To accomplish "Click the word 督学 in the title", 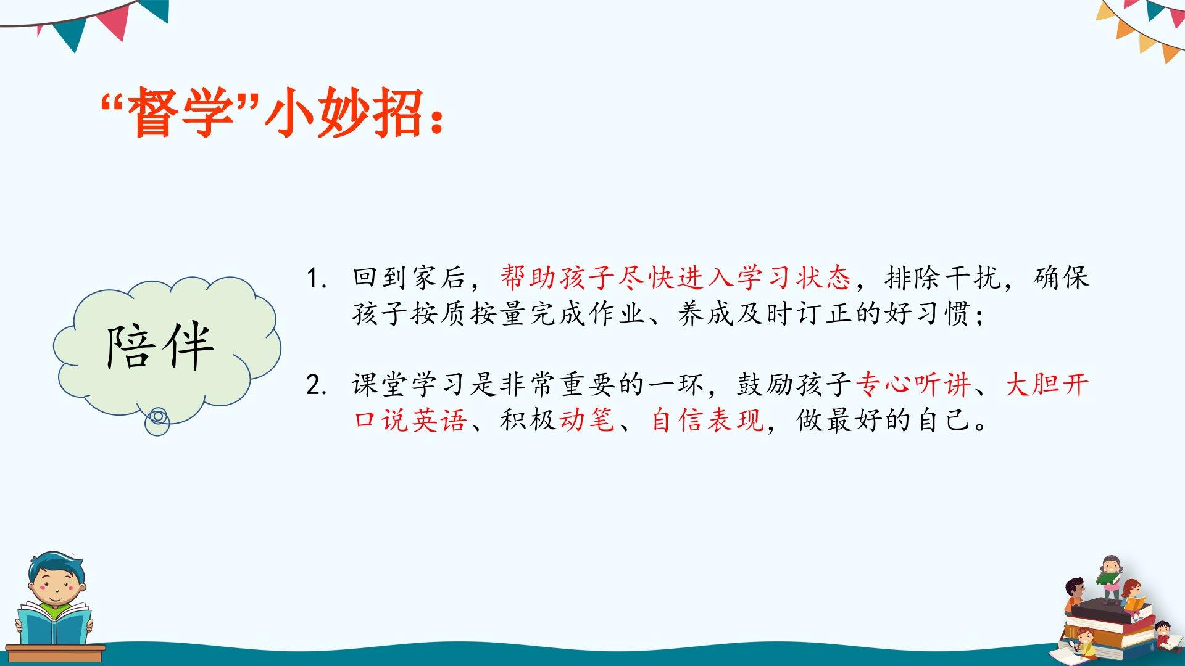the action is [x=181, y=112].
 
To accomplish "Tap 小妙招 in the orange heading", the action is [x=344, y=112].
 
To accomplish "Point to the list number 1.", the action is [x=315, y=279].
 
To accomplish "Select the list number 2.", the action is [x=315, y=385].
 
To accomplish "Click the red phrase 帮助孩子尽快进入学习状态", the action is [x=676, y=277].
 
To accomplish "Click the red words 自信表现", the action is [x=707, y=421].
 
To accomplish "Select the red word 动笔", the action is [x=587, y=421].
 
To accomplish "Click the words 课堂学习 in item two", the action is [x=410, y=385].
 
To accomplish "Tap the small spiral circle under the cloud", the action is [x=157, y=421].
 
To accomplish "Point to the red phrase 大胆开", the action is [x=1047, y=385].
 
